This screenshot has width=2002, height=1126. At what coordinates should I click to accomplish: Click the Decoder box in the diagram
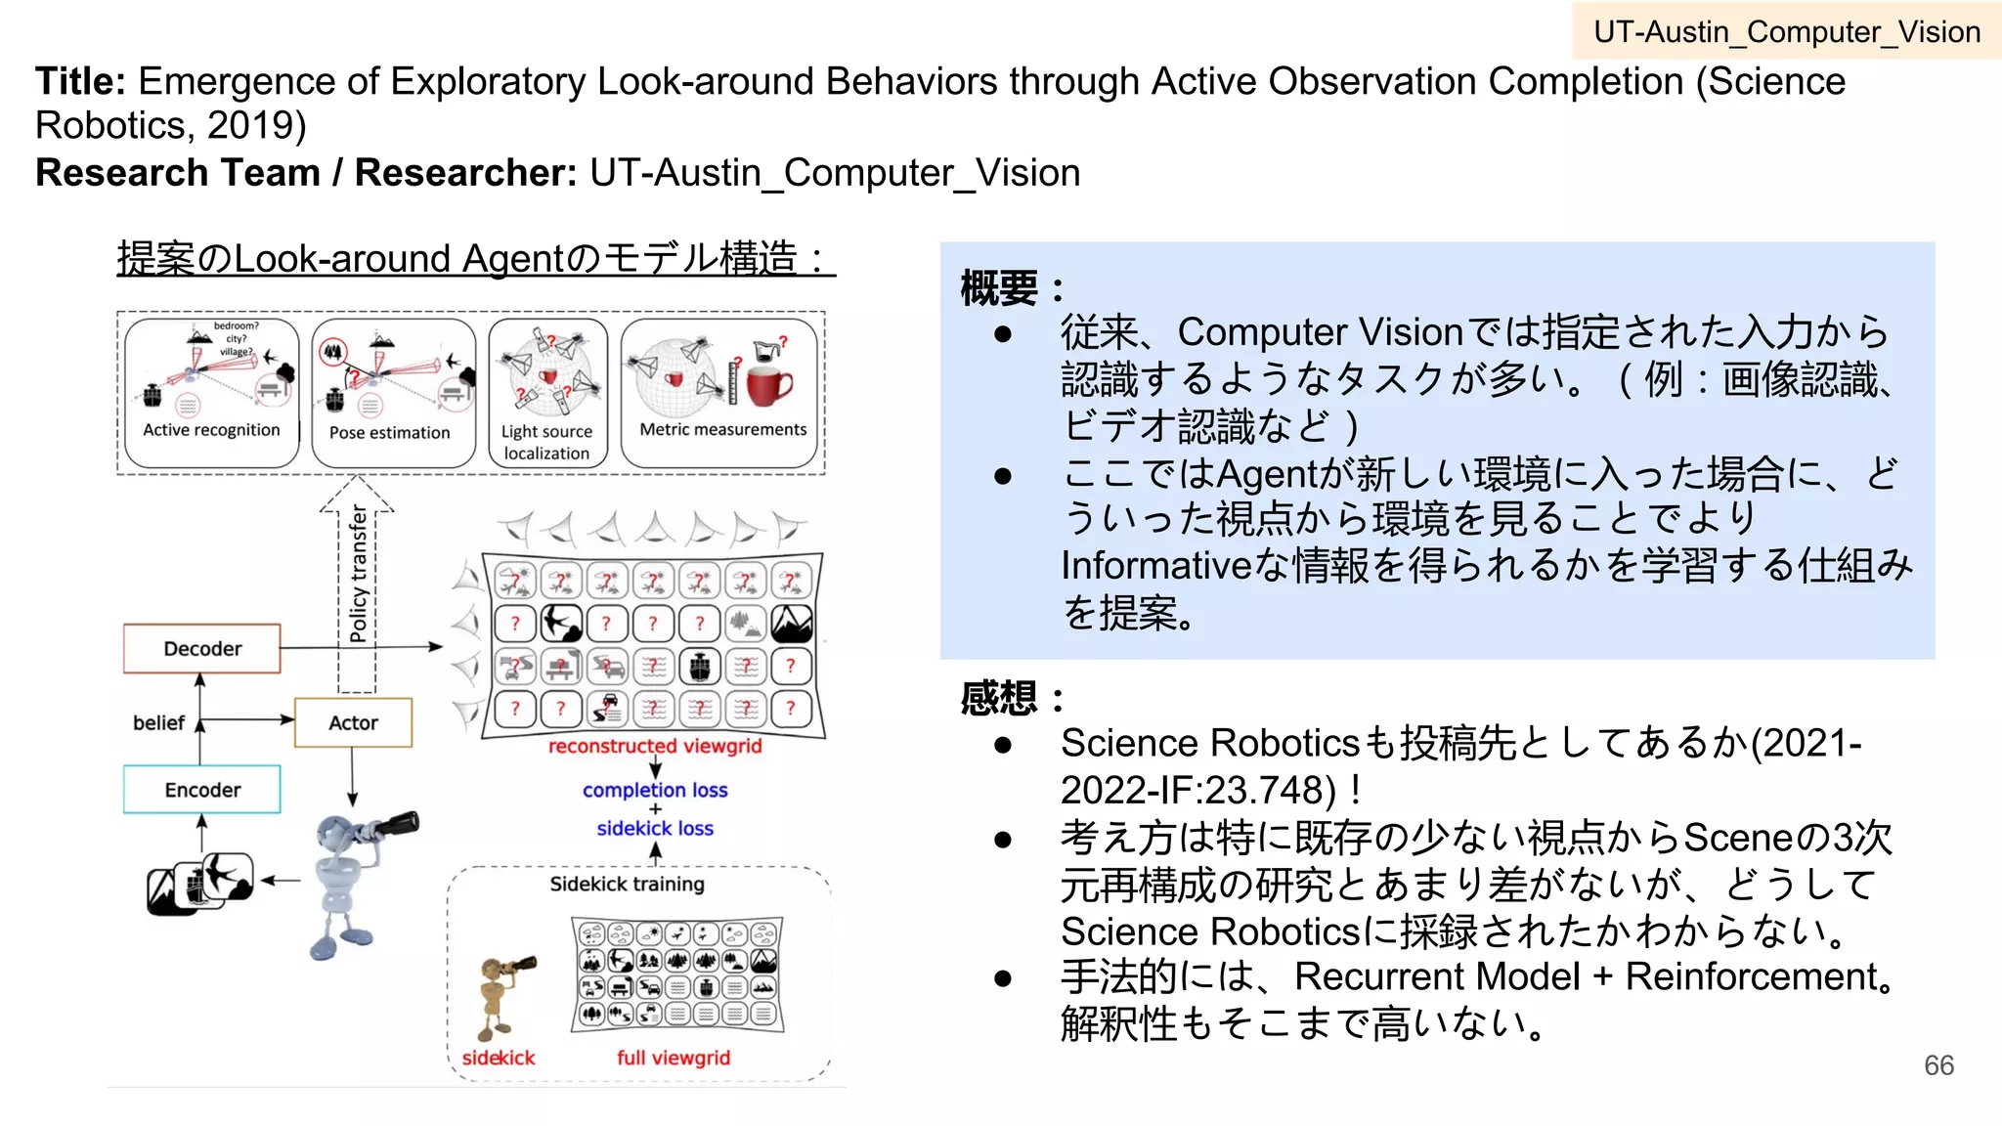pos(201,648)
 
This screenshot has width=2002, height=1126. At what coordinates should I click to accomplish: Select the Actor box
pos(353,722)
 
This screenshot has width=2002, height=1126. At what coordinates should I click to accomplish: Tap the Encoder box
pos(201,789)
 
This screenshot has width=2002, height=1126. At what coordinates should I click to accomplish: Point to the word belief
pos(158,722)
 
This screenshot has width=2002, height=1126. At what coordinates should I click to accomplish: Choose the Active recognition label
pos(211,429)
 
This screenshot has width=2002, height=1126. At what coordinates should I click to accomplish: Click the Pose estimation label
pos(389,432)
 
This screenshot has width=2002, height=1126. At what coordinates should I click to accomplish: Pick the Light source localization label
pos(546,442)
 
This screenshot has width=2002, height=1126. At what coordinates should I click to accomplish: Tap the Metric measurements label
pos(722,429)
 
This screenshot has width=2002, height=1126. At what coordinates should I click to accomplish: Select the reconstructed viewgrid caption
pos(654,746)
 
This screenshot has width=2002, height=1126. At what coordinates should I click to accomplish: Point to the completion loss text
pos(655,790)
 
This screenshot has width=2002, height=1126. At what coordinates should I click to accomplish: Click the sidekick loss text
pos(655,828)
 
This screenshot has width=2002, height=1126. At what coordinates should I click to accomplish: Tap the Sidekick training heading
pos(627,884)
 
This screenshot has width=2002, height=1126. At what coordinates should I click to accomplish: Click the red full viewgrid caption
pos(673,1058)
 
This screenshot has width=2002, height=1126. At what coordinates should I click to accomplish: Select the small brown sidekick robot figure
pos(501,996)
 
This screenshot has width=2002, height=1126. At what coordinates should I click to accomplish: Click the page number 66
pos(1938,1065)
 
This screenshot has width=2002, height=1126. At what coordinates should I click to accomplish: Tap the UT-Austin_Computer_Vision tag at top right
pos(1786,31)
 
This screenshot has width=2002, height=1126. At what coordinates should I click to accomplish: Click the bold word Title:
pos(80,81)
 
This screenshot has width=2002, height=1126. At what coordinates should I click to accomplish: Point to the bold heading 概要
pos(999,288)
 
